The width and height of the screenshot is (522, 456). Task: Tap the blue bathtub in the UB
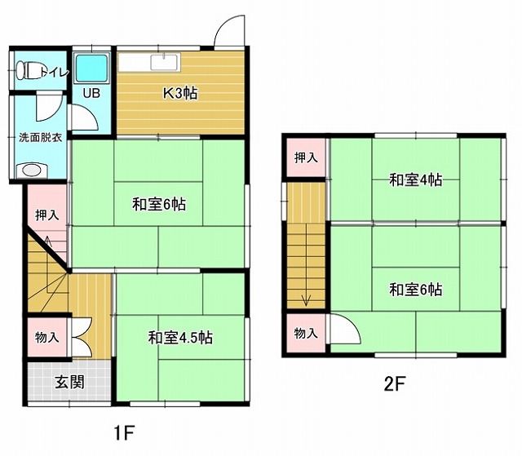click(91, 69)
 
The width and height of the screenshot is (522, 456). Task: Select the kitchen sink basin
click(164, 62)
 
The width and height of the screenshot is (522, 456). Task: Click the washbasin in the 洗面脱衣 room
click(32, 170)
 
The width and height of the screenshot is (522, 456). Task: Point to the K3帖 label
click(180, 93)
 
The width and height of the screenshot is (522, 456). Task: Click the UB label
click(91, 94)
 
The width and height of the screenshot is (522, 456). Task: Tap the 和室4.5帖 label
click(180, 338)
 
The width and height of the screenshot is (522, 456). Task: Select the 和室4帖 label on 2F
click(416, 180)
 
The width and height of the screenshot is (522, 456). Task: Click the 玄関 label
click(69, 382)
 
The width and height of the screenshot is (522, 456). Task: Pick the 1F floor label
click(124, 433)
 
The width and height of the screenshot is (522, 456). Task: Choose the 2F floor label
click(395, 385)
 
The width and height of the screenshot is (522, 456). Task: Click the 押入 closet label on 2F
click(306, 157)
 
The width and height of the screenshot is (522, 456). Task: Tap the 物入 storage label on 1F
click(47, 337)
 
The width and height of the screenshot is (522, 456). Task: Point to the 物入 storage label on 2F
click(306, 333)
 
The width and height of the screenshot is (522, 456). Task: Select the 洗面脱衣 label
click(40, 138)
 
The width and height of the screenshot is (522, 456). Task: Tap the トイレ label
click(55, 73)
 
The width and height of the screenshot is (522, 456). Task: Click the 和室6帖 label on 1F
click(159, 204)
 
